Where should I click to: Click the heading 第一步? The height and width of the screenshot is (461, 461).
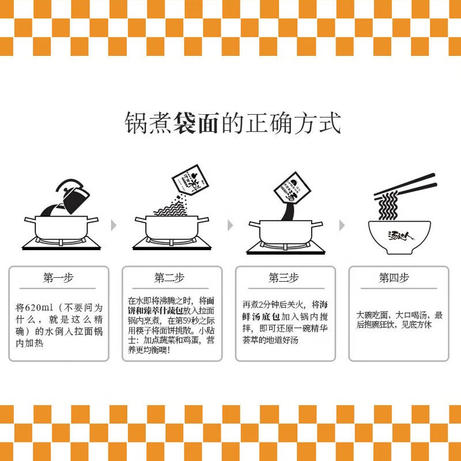pos(58,278)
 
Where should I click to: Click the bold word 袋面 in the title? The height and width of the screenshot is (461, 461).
pos(196,123)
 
